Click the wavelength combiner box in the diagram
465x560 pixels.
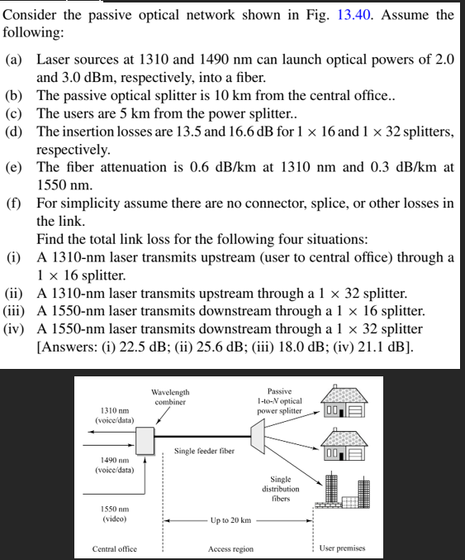point(146,439)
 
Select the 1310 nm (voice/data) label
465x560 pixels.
point(113,415)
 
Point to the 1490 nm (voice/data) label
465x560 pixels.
point(113,465)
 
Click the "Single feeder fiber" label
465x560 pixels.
point(204,452)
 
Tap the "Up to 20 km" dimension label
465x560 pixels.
point(230,520)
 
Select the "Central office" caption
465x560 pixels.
point(115,548)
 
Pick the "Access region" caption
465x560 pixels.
point(230,548)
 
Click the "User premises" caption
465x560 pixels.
point(341,548)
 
